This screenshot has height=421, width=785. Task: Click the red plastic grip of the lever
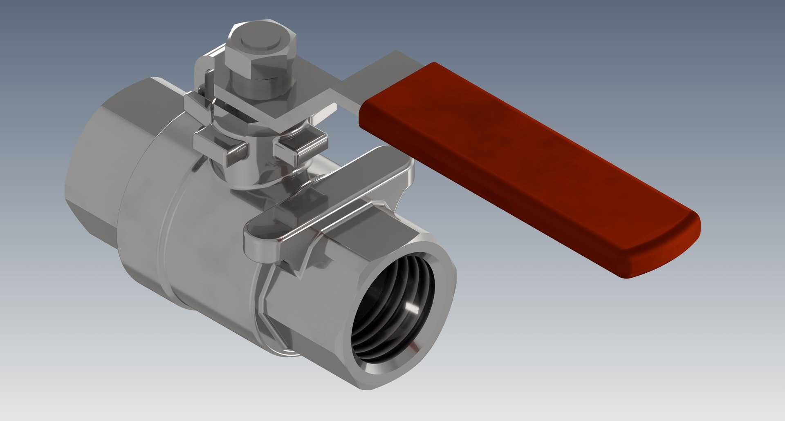511,163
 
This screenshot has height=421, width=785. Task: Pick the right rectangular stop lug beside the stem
301,147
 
